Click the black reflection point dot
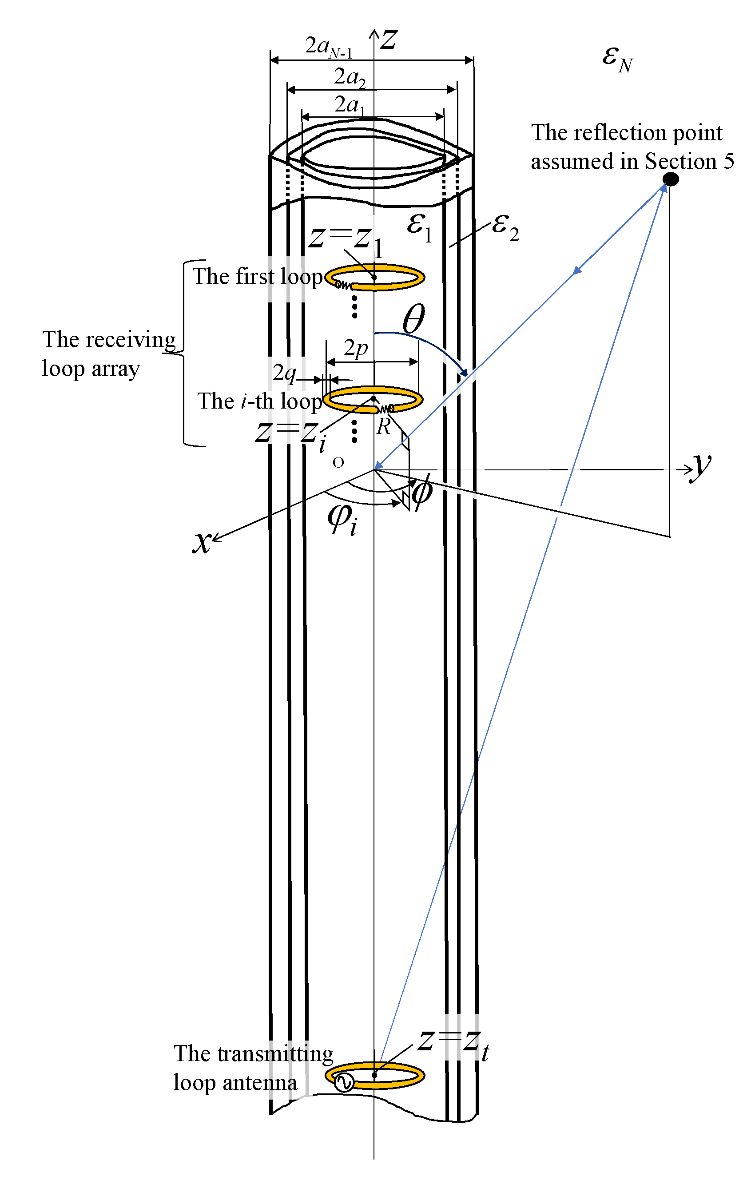pos(671,179)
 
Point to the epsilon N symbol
pos(617,60)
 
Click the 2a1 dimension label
pos(349,105)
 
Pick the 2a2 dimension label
pos(349,77)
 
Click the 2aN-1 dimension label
pos(328,48)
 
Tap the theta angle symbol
pos(413,320)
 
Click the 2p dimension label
pos(355,349)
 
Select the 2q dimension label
pos(285,373)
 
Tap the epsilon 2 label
pos(505,226)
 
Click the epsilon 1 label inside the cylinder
pos(419,226)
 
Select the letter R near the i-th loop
pos(383,427)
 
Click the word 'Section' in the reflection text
pos(680,161)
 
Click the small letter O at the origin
pos(338,462)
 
